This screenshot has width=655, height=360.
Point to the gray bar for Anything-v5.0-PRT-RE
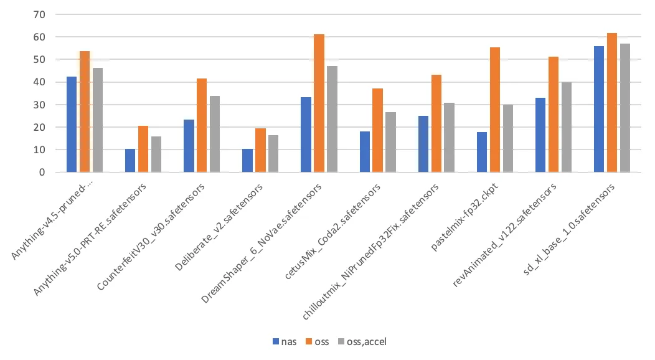coord(156,154)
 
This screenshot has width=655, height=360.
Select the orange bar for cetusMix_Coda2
coord(378,130)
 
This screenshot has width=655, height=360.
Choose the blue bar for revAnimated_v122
coord(540,135)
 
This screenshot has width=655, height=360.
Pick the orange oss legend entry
coord(318,341)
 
